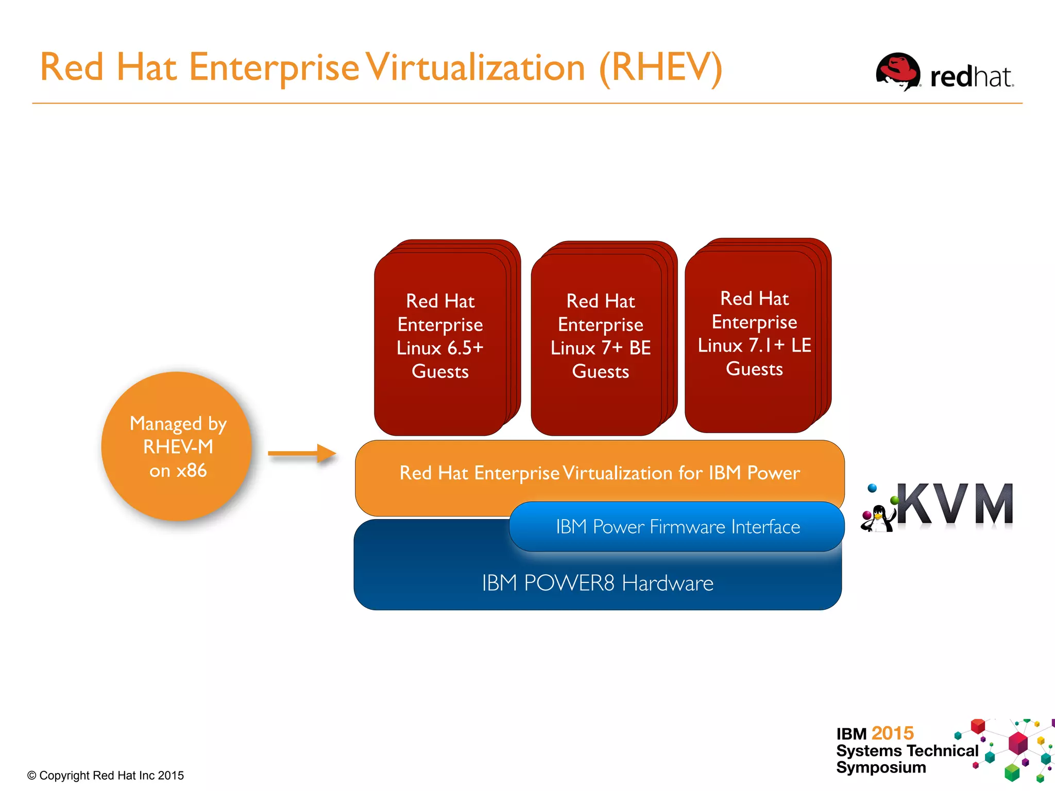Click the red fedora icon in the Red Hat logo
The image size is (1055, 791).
tap(898, 72)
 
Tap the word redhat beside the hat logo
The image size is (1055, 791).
tap(971, 77)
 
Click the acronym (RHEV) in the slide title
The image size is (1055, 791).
tap(661, 67)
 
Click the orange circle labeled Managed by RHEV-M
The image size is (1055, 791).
tap(177, 446)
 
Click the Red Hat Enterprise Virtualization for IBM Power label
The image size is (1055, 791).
tap(600, 472)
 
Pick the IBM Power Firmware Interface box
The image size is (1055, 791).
tap(677, 526)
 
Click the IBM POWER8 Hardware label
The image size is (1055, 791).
tap(598, 583)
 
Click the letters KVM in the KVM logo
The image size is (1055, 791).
tap(956, 505)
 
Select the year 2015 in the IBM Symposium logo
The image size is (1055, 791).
tap(893, 733)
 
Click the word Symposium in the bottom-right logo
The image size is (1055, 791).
tap(881, 767)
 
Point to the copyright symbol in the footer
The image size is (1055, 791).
tap(32, 776)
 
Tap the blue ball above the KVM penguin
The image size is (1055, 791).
tap(872, 488)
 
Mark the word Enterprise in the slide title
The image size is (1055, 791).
tap(274, 67)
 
